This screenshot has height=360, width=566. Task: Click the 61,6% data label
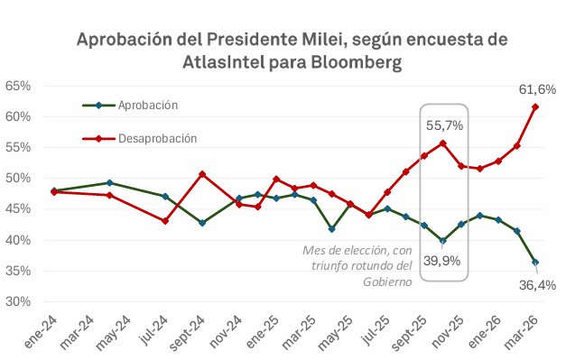537,89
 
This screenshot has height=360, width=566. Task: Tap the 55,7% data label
445,126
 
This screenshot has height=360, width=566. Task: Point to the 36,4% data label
537,285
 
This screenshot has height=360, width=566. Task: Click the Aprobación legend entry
147,105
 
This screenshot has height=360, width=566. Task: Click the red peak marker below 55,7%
442,143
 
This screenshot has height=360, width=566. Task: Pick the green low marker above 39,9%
442,241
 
